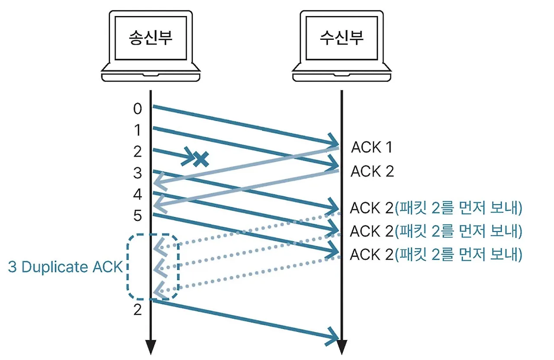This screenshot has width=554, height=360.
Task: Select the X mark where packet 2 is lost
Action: pyautogui.click(x=201, y=159)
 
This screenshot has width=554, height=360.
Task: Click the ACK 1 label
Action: pyautogui.click(x=371, y=148)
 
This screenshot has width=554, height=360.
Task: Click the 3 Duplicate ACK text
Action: pyautogui.click(x=65, y=267)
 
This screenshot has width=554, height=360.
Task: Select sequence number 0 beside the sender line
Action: pyautogui.click(x=138, y=109)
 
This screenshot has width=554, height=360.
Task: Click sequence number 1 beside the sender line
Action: pyautogui.click(x=138, y=130)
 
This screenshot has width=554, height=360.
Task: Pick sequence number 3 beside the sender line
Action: pyautogui.click(x=138, y=173)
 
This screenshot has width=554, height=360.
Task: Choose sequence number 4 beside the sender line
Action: pyautogui.click(x=138, y=194)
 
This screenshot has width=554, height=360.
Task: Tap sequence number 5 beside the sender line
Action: pyautogui.click(x=138, y=215)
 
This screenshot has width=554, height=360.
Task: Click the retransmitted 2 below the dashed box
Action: pyautogui.click(x=138, y=310)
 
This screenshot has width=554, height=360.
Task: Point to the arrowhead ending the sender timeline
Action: pyautogui.click(x=150, y=347)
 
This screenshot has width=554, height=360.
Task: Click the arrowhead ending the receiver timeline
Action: pyautogui.click(x=342, y=347)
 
